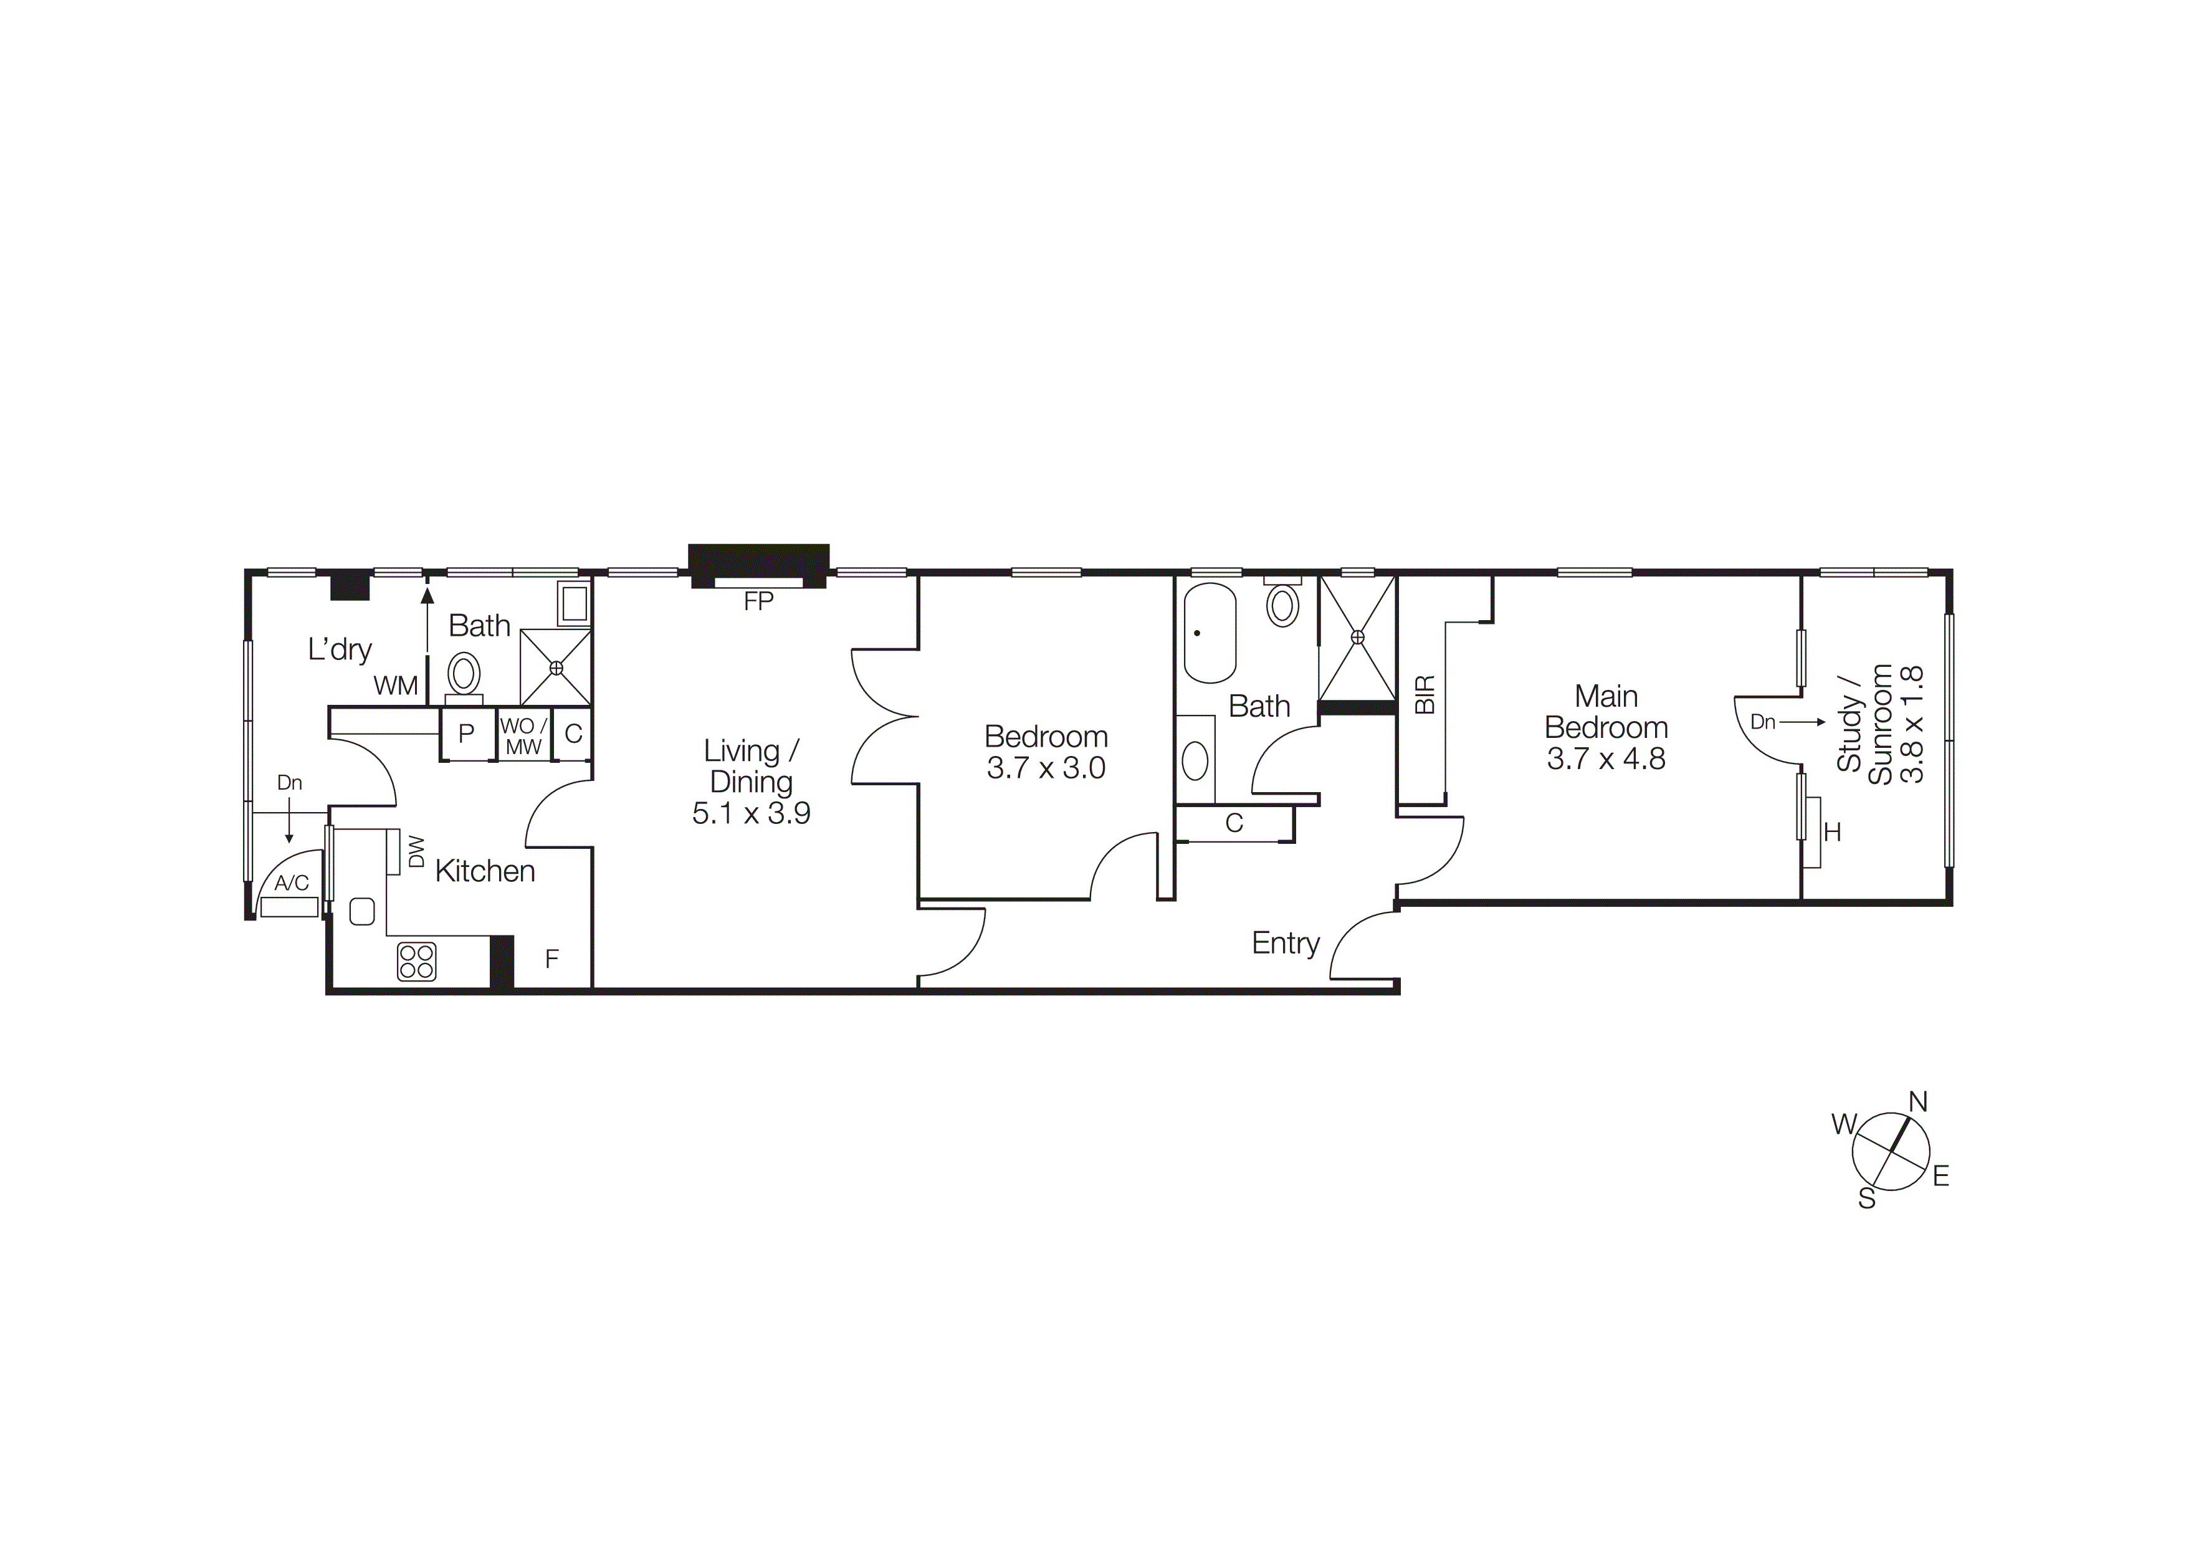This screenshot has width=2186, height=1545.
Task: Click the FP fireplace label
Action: coord(758,601)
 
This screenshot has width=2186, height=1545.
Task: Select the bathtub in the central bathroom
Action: coord(1209,633)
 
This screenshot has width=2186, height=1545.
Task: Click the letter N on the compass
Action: coord(1917,1103)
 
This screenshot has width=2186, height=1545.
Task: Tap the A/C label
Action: coord(292,883)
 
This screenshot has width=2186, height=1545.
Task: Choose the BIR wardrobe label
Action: coord(1425,695)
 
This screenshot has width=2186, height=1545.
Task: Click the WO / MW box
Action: coord(523,737)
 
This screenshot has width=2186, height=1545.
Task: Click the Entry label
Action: coord(1286,944)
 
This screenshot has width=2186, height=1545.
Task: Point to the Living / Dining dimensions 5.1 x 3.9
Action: coord(751,814)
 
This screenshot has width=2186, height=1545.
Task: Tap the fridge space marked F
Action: coord(552,960)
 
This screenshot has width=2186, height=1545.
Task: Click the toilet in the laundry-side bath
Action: coord(464,674)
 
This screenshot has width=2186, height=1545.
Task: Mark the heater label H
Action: coord(1832,833)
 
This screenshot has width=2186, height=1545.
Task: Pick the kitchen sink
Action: coord(363,911)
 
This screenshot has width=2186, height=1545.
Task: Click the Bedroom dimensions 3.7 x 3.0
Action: coord(1046,768)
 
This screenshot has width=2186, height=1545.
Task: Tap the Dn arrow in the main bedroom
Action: coord(1787,722)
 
